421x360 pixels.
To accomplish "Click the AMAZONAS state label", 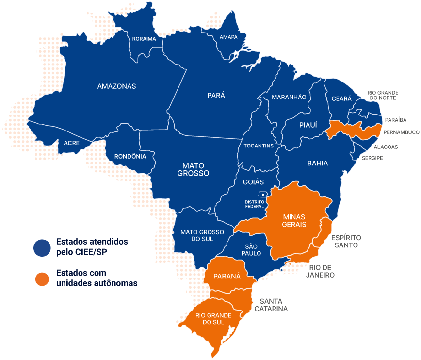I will [x=116, y=86].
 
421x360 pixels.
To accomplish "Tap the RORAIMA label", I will [x=144, y=38].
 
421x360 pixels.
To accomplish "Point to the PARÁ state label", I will [x=216, y=96].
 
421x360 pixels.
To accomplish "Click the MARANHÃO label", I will [x=289, y=97].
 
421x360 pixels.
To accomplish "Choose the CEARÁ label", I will [x=341, y=98].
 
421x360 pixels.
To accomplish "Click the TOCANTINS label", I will [x=259, y=146].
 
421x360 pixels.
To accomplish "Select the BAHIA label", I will [x=317, y=163].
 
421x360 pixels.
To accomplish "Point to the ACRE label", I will [x=71, y=143].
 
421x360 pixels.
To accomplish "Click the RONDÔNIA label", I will [x=130, y=156].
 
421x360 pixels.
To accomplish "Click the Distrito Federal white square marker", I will [x=263, y=195].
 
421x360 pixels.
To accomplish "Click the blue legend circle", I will [x=42, y=247].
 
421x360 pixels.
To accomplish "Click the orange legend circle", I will [x=42, y=279].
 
